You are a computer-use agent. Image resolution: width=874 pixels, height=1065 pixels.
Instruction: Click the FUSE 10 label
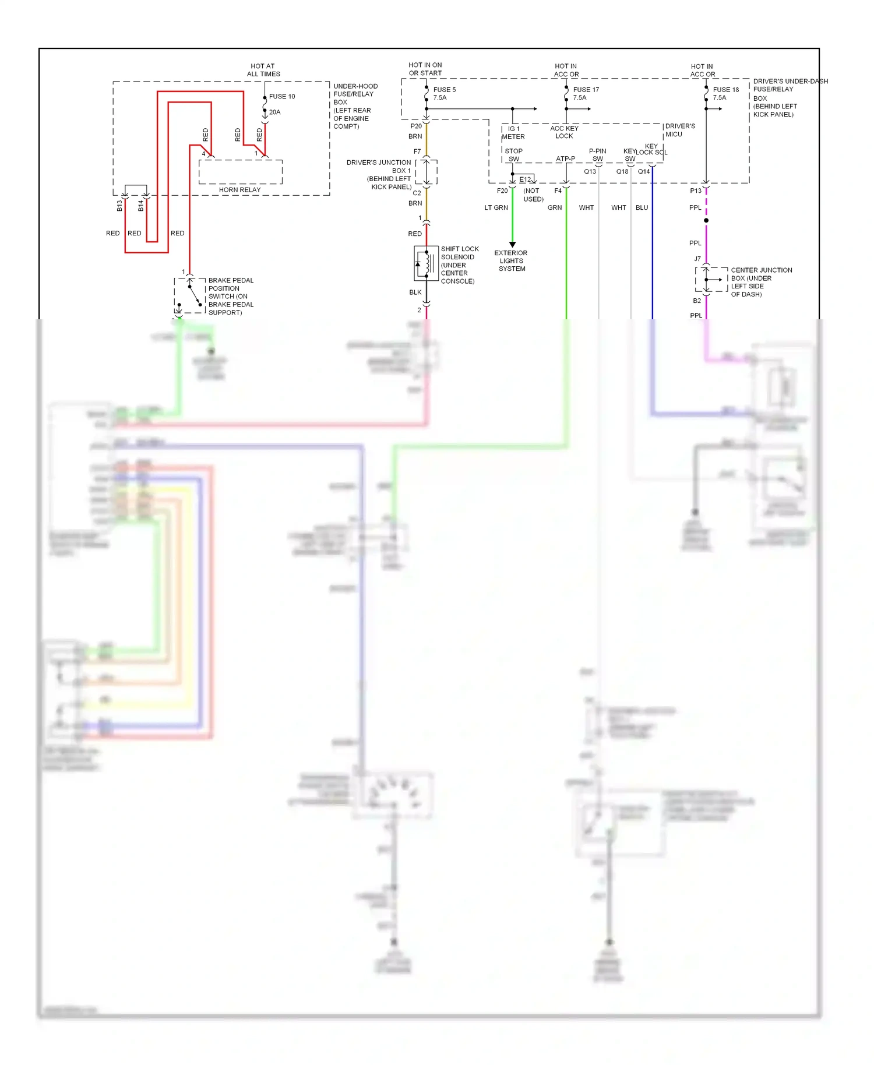[x=282, y=96]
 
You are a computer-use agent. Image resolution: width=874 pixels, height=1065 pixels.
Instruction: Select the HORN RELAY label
[x=239, y=189]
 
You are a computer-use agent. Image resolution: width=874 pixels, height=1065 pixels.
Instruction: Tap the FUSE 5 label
[x=445, y=90]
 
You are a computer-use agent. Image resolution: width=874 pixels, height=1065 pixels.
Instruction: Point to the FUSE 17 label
[x=586, y=90]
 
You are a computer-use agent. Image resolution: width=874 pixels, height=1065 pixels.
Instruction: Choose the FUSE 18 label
[x=725, y=90]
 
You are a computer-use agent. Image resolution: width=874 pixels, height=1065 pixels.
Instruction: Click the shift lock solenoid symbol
[x=426, y=263]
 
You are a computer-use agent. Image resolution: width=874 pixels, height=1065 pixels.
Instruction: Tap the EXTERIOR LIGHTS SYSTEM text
[x=511, y=260]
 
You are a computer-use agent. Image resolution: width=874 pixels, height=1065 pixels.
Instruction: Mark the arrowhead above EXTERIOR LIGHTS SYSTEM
[x=513, y=244]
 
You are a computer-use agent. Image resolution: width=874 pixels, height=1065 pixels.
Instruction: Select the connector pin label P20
[x=415, y=126]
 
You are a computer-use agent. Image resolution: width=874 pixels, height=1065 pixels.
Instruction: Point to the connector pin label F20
[x=502, y=191]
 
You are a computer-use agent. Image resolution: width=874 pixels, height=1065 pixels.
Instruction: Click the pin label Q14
[x=643, y=171]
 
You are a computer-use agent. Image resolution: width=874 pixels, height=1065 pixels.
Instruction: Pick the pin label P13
[x=695, y=191]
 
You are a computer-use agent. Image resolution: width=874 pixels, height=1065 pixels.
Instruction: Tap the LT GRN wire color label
[x=496, y=207]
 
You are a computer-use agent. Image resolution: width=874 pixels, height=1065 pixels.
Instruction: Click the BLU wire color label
[x=642, y=207]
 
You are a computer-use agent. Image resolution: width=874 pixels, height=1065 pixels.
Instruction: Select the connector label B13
[x=119, y=205]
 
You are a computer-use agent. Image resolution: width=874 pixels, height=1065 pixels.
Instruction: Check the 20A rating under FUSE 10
[x=274, y=112]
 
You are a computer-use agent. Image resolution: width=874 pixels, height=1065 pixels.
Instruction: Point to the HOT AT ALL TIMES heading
[x=263, y=70]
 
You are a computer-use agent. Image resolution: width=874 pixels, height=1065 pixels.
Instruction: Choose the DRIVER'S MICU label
[x=679, y=130]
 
